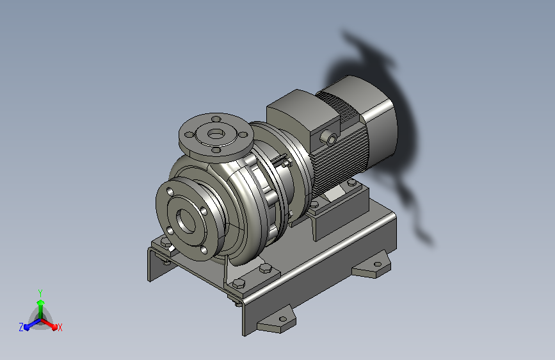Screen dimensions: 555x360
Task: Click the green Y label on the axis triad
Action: tap(40, 293)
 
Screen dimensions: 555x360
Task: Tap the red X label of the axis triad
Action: tap(60, 327)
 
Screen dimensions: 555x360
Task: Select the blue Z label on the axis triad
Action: tap(21, 327)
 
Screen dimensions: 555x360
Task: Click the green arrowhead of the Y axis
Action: tap(41, 303)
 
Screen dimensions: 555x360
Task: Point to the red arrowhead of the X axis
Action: tap(54, 327)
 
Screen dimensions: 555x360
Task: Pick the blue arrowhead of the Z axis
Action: tap(26, 327)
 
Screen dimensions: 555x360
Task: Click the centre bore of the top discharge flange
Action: tap(215, 134)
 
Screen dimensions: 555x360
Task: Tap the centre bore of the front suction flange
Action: tap(186, 221)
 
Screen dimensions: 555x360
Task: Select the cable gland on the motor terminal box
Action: tap(329, 138)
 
